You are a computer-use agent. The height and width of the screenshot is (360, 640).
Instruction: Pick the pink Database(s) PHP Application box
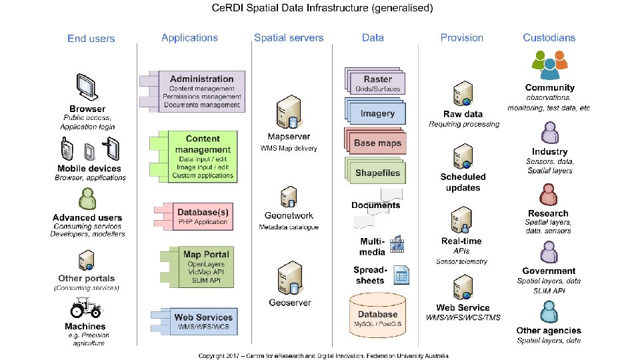click(x=202, y=217)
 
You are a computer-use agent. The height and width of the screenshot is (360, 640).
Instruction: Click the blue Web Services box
click(x=203, y=322)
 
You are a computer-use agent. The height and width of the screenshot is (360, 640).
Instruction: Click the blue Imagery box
click(x=377, y=113)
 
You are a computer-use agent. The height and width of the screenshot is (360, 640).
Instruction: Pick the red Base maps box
click(x=377, y=143)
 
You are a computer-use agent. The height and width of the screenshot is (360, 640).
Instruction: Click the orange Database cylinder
click(x=378, y=317)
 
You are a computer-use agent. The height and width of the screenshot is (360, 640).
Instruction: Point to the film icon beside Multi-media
click(x=399, y=244)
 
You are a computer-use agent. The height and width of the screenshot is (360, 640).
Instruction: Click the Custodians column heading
click(x=549, y=38)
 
